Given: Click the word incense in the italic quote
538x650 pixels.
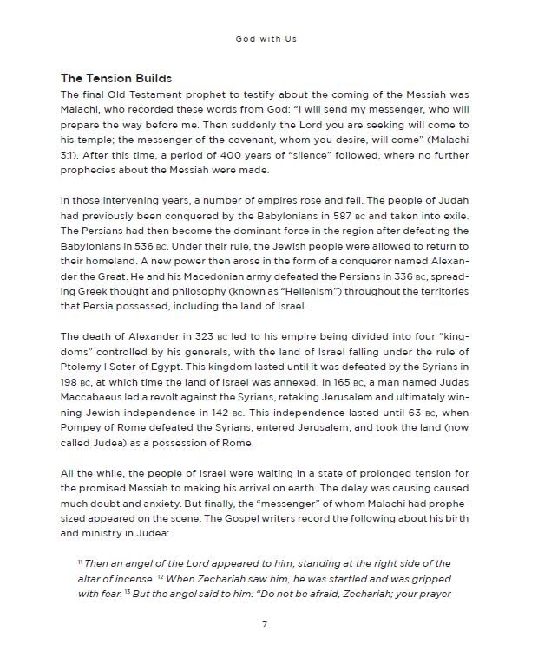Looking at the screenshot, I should coord(145,579).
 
